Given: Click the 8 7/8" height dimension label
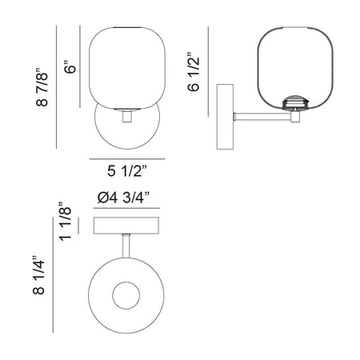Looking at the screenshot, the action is [x=42, y=86].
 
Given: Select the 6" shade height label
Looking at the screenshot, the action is [x=71, y=67].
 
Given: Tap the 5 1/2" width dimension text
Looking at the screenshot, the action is [x=127, y=171].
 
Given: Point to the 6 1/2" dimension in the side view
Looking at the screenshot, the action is [x=194, y=72].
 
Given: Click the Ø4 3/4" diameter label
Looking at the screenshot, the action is [x=123, y=198].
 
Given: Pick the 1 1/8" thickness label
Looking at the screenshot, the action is [x=66, y=222].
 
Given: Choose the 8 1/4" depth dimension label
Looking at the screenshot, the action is [x=38, y=275].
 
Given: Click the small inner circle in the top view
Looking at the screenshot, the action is [x=126, y=295].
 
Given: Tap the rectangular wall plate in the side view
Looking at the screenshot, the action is [x=225, y=117].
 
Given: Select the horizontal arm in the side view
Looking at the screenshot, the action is [x=262, y=117].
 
